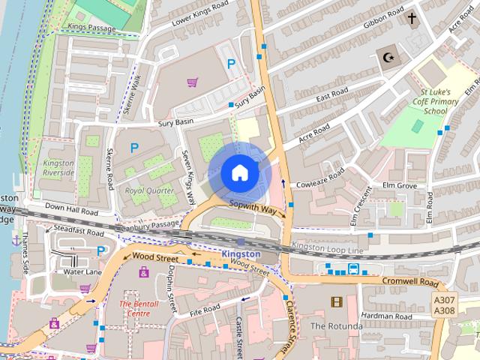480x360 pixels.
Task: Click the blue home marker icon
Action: pos(239,173)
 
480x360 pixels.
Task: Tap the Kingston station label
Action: pos(241,254)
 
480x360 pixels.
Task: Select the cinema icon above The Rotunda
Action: pos(335,302)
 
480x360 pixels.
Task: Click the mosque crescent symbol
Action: pos(388,58)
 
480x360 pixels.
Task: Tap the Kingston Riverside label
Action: pos(58,167)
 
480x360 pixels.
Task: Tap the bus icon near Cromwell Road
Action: pos(352,268)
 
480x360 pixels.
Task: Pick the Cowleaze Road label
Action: pos(320,178)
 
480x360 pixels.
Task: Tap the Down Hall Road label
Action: pos(72,212)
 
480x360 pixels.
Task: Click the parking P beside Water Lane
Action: pos(100,250)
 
